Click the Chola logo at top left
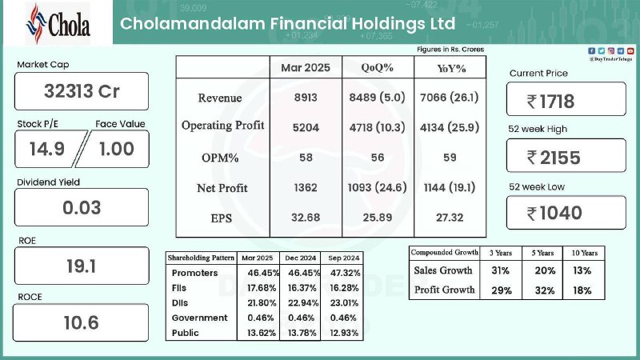pyautogui.click(x=58, y=24)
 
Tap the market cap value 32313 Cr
pyautogui.click(x=82, y=91)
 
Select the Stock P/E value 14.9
pyautogui.click(x=47, y=149)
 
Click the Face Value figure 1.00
pyautogui.click(x=117, y=149)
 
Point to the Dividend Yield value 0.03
pyautogui.click(x=82, y=207)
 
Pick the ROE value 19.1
pyautogui.click(x=82, y=266)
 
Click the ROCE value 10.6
pyautogui.click(x=82, y=322)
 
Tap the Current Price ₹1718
pyautogui.click(x=550, y=102)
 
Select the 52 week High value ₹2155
pyautogui.click(x=554, y=158)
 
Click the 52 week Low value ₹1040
pyautogui.click(x=554, y=213)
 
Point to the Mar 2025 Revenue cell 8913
pyautogui.click(x=306, y=98)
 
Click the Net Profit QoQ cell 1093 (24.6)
pyautogui.click(x=377, y=187)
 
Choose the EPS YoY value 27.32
pyautogui.click(x=450, y=218)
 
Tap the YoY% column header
pyautogui.click(x=451, y=68)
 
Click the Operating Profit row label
pyautogui.click(x=223, y=126)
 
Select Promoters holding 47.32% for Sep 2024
pyautogui.click(x=345, y=273)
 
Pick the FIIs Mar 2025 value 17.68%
pyautogui.click(x=262, y=288)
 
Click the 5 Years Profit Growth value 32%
pyautogui.click(x=545, y=290)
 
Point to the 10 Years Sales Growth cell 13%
pyautogui.click(x=582, y=270)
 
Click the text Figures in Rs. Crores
pyautogui.click(x=450, y=50)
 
